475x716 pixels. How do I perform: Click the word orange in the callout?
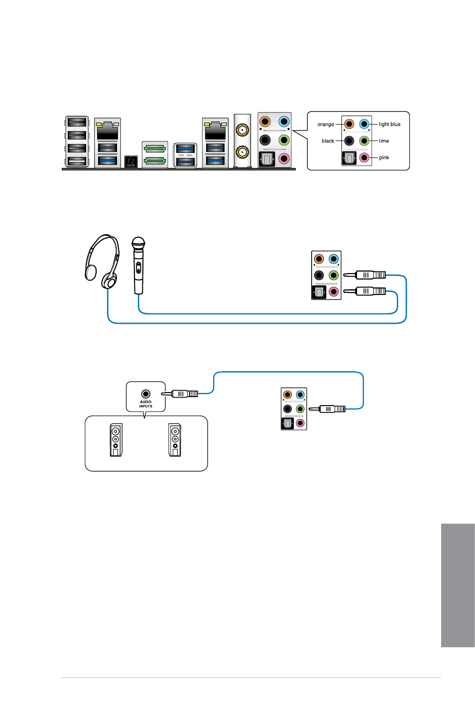coord(326,125)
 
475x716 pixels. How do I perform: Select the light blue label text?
coord(389,125)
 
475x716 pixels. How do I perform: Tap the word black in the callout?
coord(328,141)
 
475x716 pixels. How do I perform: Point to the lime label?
coord(384,141)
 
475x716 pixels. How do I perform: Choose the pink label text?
coord(384,157)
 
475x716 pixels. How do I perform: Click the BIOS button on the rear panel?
coord(131,161)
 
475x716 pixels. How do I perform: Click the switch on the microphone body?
coord(138,268)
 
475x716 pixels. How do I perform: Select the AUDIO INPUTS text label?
coord(146,404)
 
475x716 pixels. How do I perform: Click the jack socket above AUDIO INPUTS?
coord(146,394)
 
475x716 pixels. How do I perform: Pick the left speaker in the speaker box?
coord(116,440)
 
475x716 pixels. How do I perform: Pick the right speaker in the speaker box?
coord(175,440)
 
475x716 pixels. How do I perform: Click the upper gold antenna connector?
coord(242,130)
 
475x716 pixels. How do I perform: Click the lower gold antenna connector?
coord(242,152)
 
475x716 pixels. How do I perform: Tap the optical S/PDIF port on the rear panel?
coord(266,159)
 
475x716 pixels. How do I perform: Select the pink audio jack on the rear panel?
coord(284,158)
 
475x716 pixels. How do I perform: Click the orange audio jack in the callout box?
coord(349,124)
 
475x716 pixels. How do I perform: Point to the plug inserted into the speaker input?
coord(180,394)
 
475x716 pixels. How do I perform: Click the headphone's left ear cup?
coord(91,273)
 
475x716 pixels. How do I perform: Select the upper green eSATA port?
coord(155,148)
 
